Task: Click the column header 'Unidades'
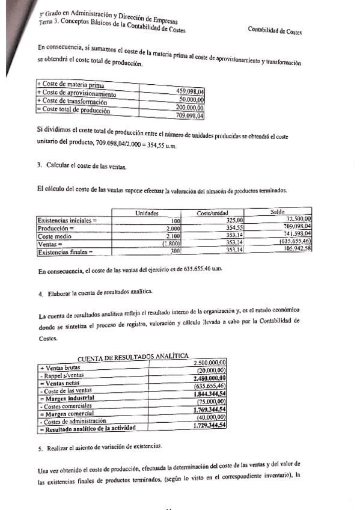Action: pyautogui.click(x=147, y=213)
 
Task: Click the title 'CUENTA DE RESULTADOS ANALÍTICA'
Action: pyautogui.click(x=133, y=355)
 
